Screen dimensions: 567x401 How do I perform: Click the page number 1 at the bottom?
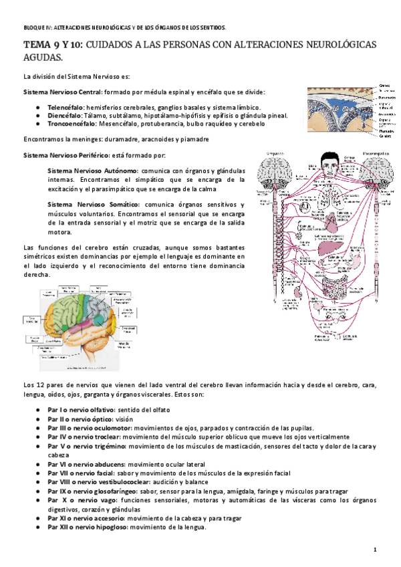(376, 550)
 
